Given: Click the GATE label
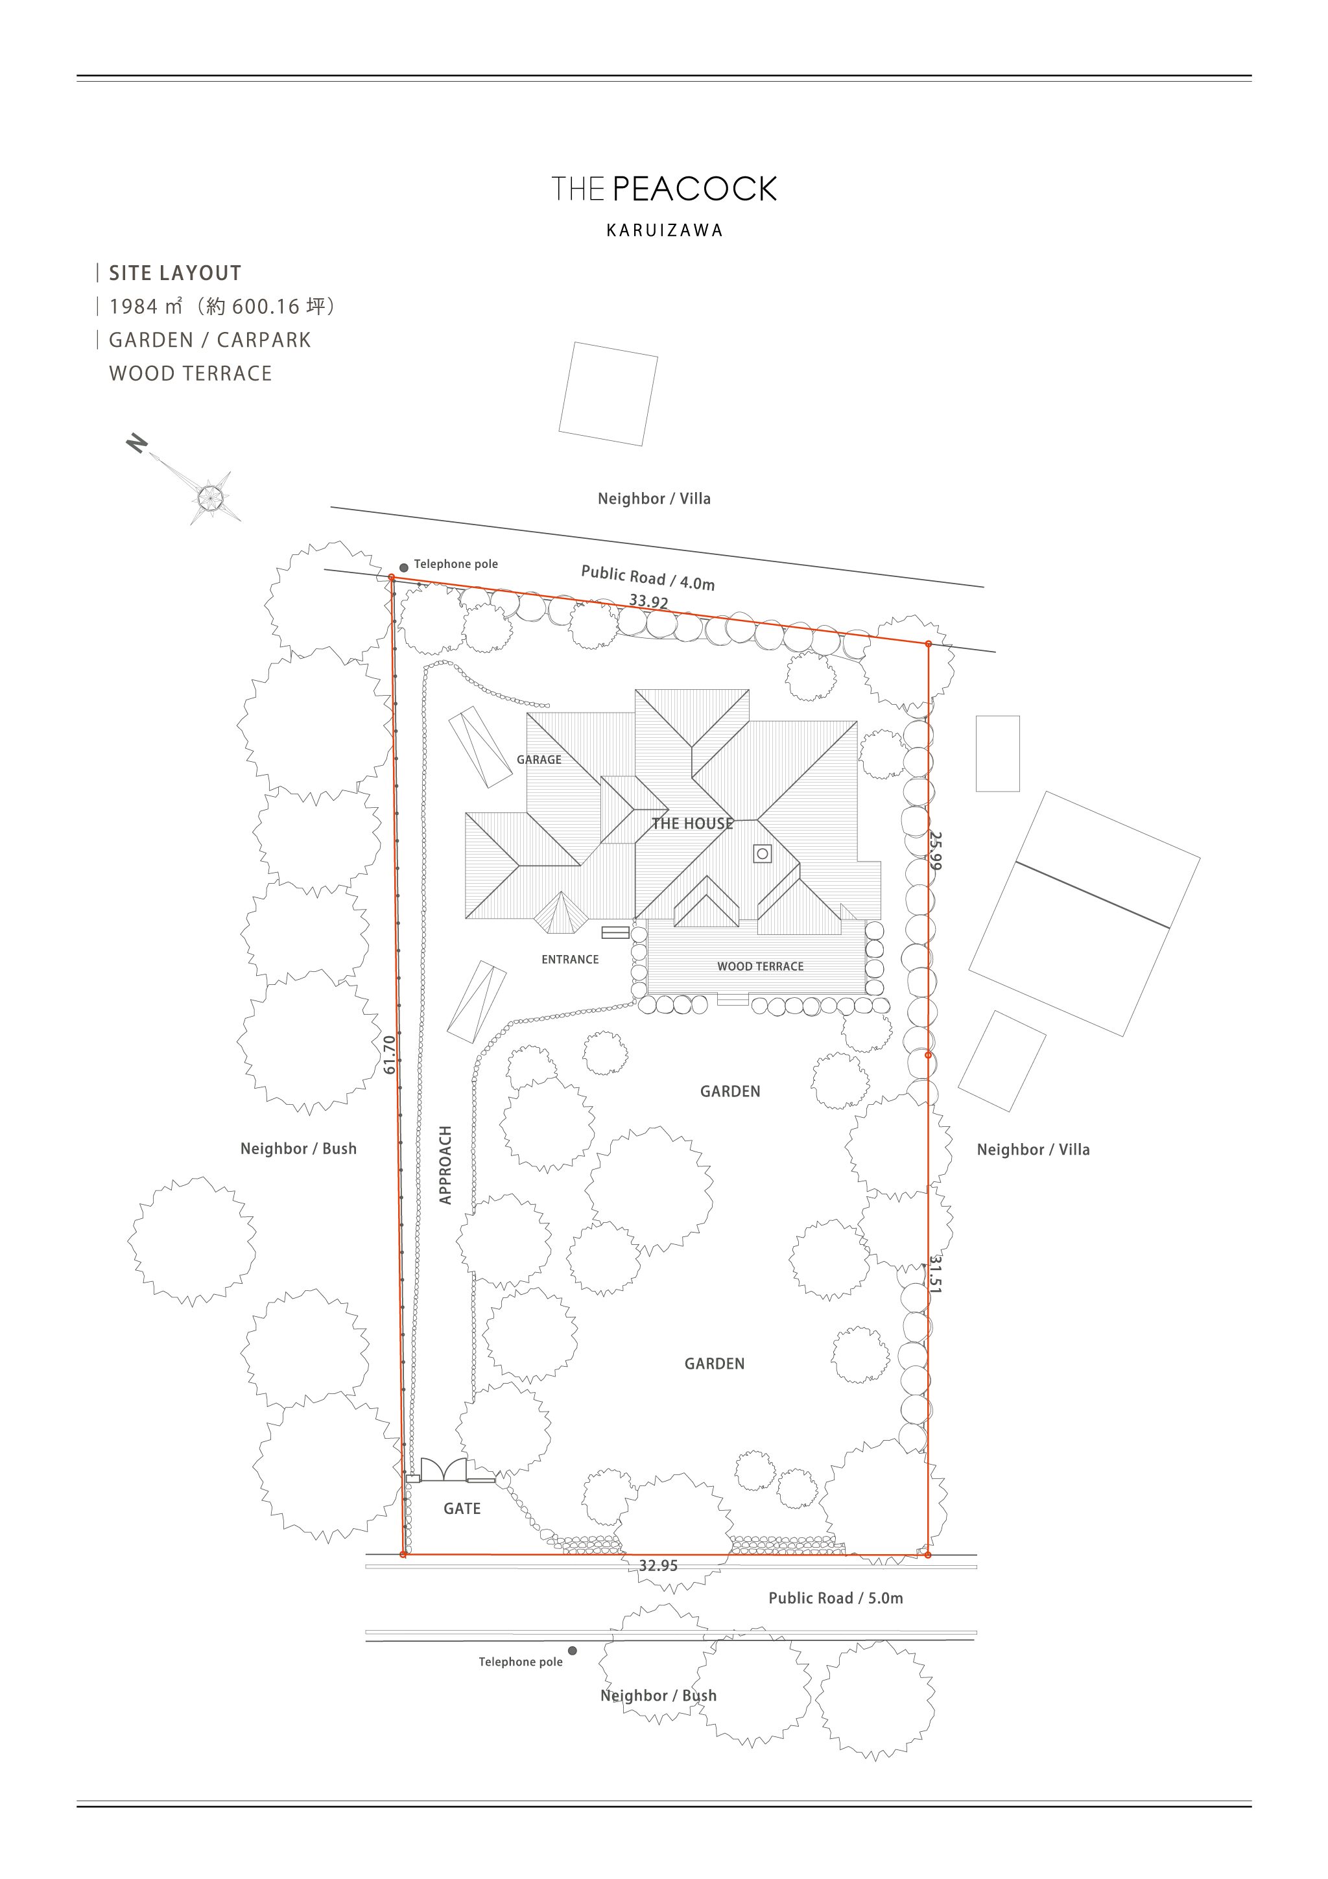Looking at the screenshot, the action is pyautogui.click(x=462, y=1508).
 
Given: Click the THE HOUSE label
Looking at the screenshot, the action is pyautogui.click(x=693, y=823).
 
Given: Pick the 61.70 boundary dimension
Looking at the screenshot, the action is pyautogui.click(x=390, y=1055).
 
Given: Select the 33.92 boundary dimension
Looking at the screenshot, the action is pyautogui.click(x=649, y=602).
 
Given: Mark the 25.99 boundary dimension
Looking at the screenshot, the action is pyautogui.click(x=935, y=851).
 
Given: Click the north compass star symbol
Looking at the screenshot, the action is pyautogui.click(x=209, y=496).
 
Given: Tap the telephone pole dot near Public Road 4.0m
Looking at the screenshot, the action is pyautogui.click(x=403, y=567).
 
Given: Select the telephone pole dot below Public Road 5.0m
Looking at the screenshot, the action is pyautogui.click(x=572, y=1651).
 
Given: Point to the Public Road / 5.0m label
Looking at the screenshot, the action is pyautogui.click(x=835, y=1598).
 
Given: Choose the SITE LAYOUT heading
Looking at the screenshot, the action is pyautogui.click(x=175, y=274).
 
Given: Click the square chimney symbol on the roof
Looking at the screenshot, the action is pyautogui.click(x=762, y=853).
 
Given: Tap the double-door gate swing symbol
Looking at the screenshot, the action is pyautogui.click(x=444, y=1470).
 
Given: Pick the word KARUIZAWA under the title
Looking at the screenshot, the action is pyautogui.click(x=665, y=231).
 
